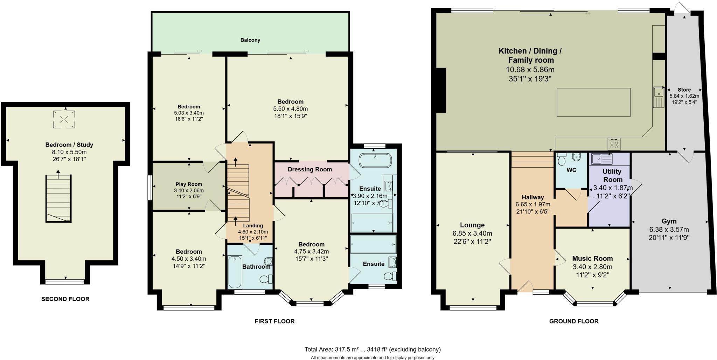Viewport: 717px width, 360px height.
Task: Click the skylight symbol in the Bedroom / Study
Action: click(x=64, y=119)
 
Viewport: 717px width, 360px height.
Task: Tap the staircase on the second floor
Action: click(x=58, y=198)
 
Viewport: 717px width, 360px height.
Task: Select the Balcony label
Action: click(x=250, y=40)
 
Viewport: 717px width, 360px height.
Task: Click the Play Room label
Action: click(x=189, y=184)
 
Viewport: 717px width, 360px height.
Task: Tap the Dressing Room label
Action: click(x=309, y=170)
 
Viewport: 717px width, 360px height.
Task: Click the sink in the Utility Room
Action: click(x=601, y=159)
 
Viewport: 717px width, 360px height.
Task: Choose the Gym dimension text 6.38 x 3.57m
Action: click(x=669, y=230)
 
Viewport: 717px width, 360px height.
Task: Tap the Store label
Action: click(x=684, y=90)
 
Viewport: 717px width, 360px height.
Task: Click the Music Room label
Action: click(x=592, y=259)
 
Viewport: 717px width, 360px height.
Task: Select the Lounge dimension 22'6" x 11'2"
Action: click(x=472, y=241)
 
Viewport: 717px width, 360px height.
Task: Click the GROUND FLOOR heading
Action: click(x=573, y=321)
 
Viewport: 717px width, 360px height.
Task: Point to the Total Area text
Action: click(x=373, y=349)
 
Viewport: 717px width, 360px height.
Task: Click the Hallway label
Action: click(x=532, y=197)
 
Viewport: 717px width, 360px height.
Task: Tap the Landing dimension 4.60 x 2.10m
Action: click(x=253, y=232)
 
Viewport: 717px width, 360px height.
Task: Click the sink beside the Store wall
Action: click(x=658, y=97)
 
